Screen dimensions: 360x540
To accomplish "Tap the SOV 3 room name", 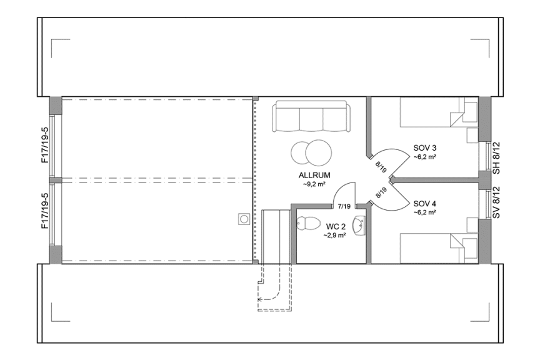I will (424, 148).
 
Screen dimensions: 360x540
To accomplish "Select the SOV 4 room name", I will (424, 203).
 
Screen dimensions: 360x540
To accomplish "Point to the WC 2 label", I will (334, 227).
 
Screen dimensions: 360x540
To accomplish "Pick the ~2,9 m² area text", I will (334, 236).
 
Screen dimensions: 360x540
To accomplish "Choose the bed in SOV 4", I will (437, 249).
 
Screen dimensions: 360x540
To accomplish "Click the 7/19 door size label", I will (343, 205).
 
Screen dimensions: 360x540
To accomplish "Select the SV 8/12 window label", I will (496, 202).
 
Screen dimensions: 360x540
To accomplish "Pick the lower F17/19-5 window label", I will (45, 211).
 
